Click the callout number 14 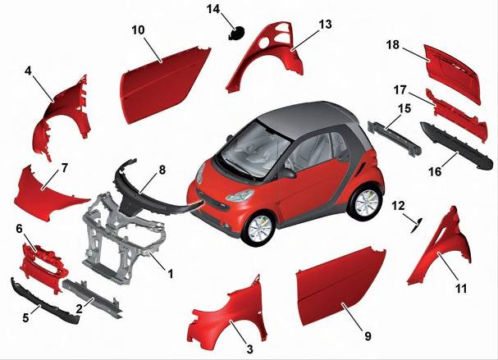point(213,9)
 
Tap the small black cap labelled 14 point(237,33)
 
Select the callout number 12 point(398,206)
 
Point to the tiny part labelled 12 point(417,226)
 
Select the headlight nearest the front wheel point(239,195)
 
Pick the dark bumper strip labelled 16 point(455,146)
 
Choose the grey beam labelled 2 point(92,297)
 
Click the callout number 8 point(162,170)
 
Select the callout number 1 point(170,274)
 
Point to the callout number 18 point(393,44)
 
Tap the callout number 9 point(368,336)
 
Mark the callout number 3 point(250,349)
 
